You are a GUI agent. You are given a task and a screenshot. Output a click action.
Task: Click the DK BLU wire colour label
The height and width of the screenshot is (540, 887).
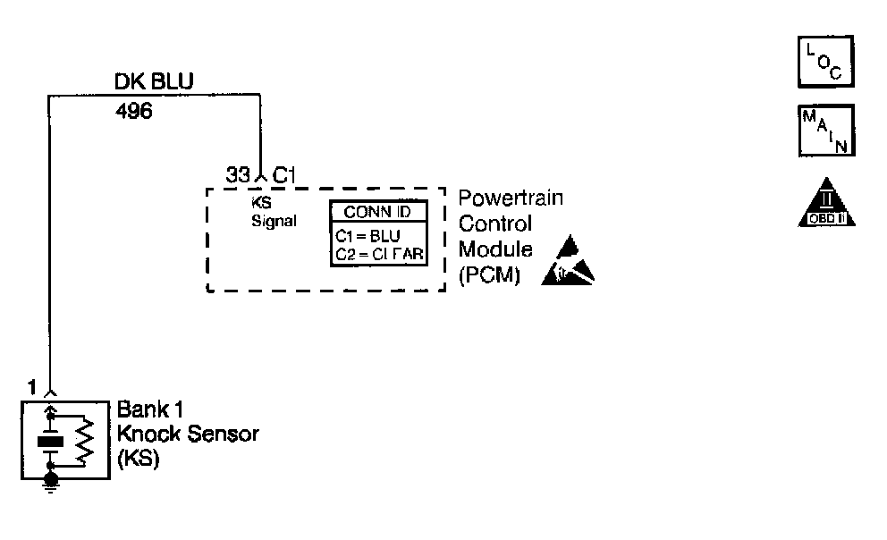pos(153,82)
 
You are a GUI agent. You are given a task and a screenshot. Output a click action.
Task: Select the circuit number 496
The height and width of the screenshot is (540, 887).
pos(134,113)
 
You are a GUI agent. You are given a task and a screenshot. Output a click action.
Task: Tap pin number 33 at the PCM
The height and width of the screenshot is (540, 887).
pos(238,176)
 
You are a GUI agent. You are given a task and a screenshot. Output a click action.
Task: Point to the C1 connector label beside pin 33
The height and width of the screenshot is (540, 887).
pos(283,176)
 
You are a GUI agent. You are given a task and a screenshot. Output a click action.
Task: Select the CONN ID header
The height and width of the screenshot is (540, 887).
pos(378,213)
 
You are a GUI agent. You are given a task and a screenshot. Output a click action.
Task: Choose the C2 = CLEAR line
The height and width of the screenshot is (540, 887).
pos(378,256)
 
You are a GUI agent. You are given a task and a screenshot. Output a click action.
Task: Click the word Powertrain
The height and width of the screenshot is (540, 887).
pos(511,198)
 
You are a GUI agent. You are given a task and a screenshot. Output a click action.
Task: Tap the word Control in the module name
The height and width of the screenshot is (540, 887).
pos(494,224)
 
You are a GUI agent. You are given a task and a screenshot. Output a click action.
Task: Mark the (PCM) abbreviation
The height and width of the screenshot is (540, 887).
pos(488,275)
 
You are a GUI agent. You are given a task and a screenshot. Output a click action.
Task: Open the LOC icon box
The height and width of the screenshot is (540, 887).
pos(824,62)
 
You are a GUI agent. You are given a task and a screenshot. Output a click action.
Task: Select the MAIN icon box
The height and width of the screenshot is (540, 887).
pos(825,131)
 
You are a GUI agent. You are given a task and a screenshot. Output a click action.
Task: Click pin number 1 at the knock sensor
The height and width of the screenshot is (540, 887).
pos(32,388)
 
